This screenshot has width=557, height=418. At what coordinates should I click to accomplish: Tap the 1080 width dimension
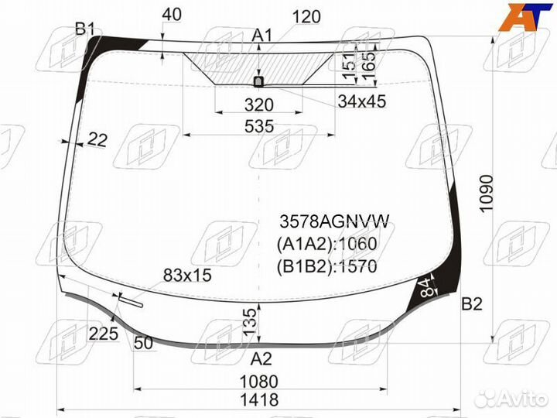[x=258, y=382]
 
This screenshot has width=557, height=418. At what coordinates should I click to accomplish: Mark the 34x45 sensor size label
[x=361, y=101]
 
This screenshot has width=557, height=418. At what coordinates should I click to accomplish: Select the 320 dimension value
[x=258, y=104]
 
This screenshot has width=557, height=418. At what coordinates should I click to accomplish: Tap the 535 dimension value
[x=258, y=127]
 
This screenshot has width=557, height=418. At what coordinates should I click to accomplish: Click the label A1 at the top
[x=263, y=35]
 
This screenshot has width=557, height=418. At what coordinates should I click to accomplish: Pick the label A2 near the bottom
[x=262, y=358]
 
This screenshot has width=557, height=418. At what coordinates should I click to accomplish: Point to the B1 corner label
[x=85, y=30]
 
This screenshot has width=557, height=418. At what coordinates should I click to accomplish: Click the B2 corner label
[x=472, y=304]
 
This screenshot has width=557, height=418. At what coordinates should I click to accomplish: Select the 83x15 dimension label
[x=187, y=276]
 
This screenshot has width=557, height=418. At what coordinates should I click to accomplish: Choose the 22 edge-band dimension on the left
[x=97, y=139]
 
